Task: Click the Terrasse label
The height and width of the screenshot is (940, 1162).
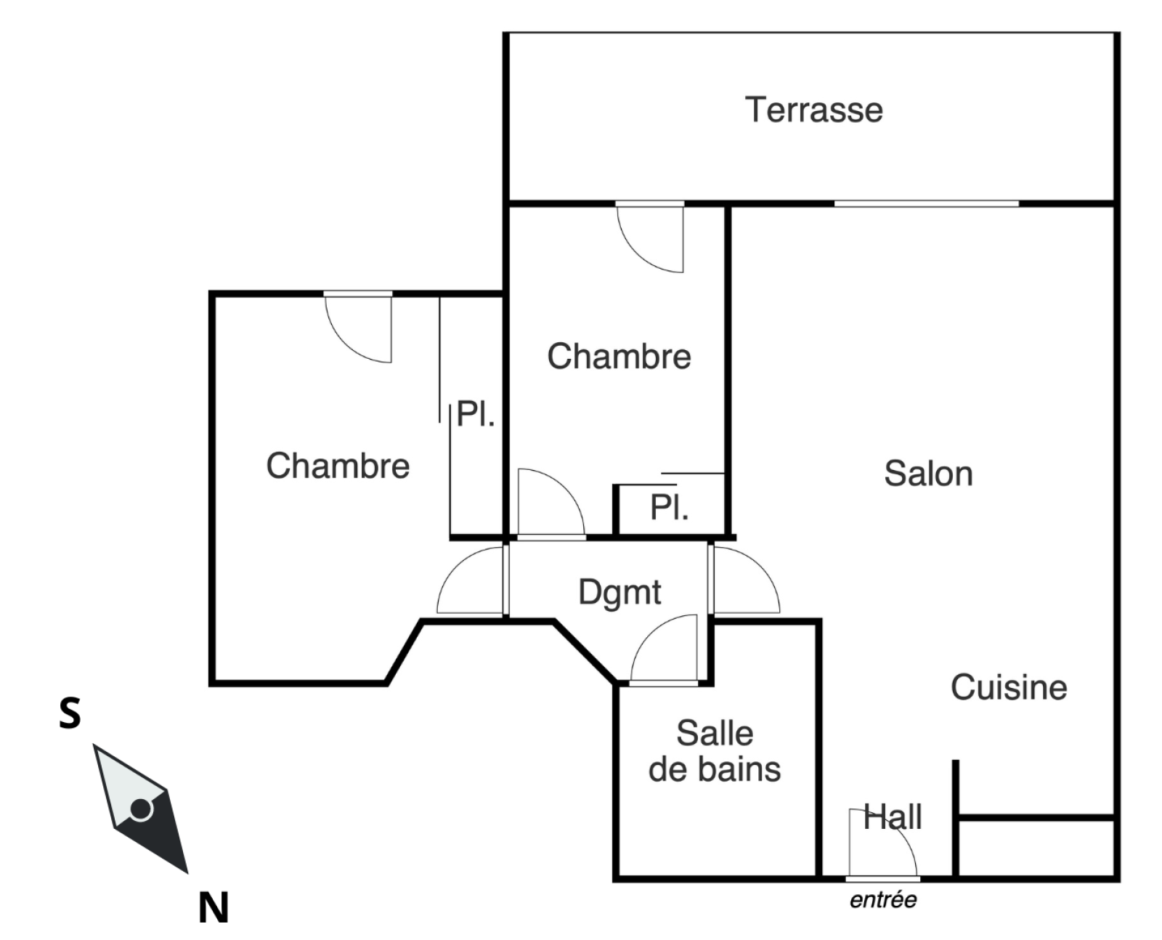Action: [x=813, y=110]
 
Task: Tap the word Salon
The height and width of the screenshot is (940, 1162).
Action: [x=928, y=474]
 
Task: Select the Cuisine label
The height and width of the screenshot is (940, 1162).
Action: [x=1009, y=687]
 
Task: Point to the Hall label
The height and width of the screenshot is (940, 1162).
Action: [x=893, y=817]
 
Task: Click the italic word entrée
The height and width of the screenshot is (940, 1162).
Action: [x=883, y=900]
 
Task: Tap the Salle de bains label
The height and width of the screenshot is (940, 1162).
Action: [x=715, y=751]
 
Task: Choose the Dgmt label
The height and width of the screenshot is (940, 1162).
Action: [x=619, y=592]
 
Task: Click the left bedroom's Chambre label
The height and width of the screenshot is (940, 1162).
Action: [x=338, y=466]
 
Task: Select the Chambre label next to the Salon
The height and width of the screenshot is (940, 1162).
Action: [x=619, y=356]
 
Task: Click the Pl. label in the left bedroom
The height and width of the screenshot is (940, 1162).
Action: [x=476, y=415]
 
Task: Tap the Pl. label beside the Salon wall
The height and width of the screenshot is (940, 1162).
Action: [x=669, y=508]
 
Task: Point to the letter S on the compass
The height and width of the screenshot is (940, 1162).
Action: [x=70, y=713]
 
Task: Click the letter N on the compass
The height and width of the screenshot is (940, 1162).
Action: [x=214, y=907]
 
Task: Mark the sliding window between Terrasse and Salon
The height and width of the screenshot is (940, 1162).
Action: [x=926, y=203]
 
